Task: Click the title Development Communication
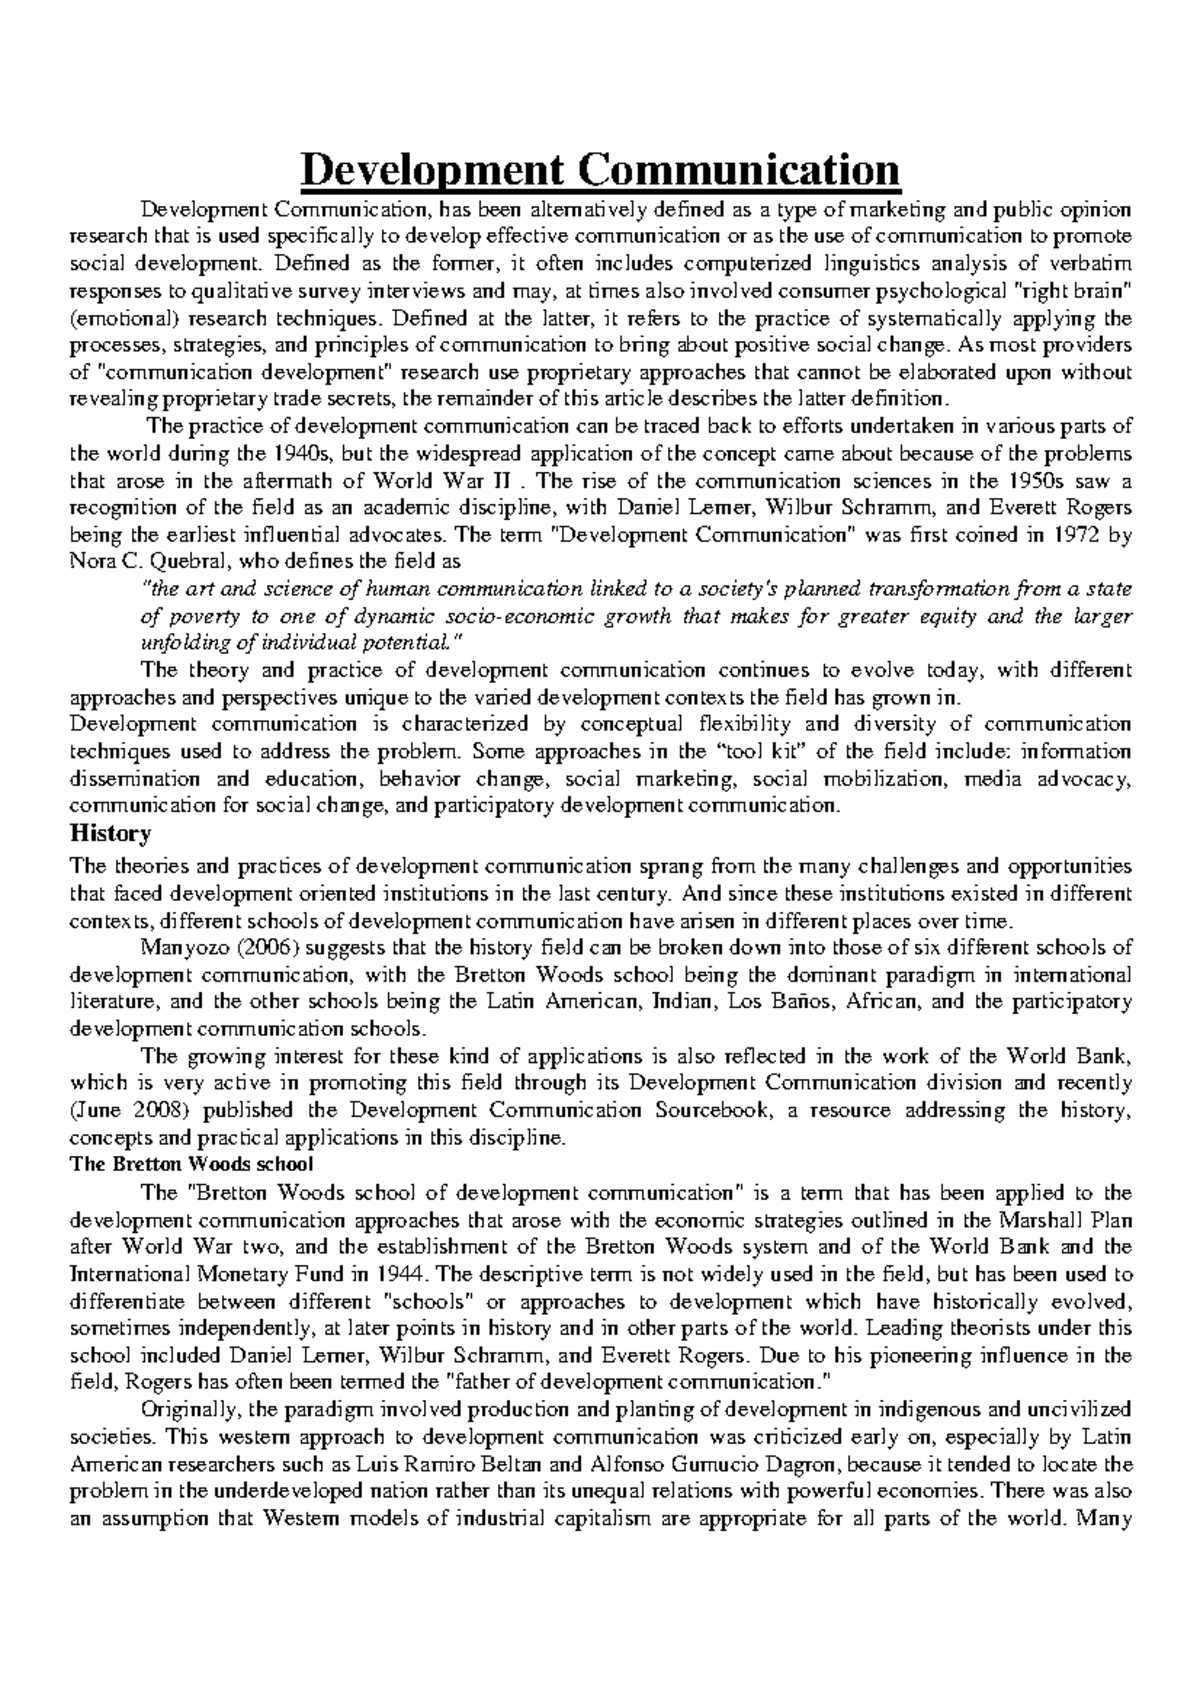click(600, 168)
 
